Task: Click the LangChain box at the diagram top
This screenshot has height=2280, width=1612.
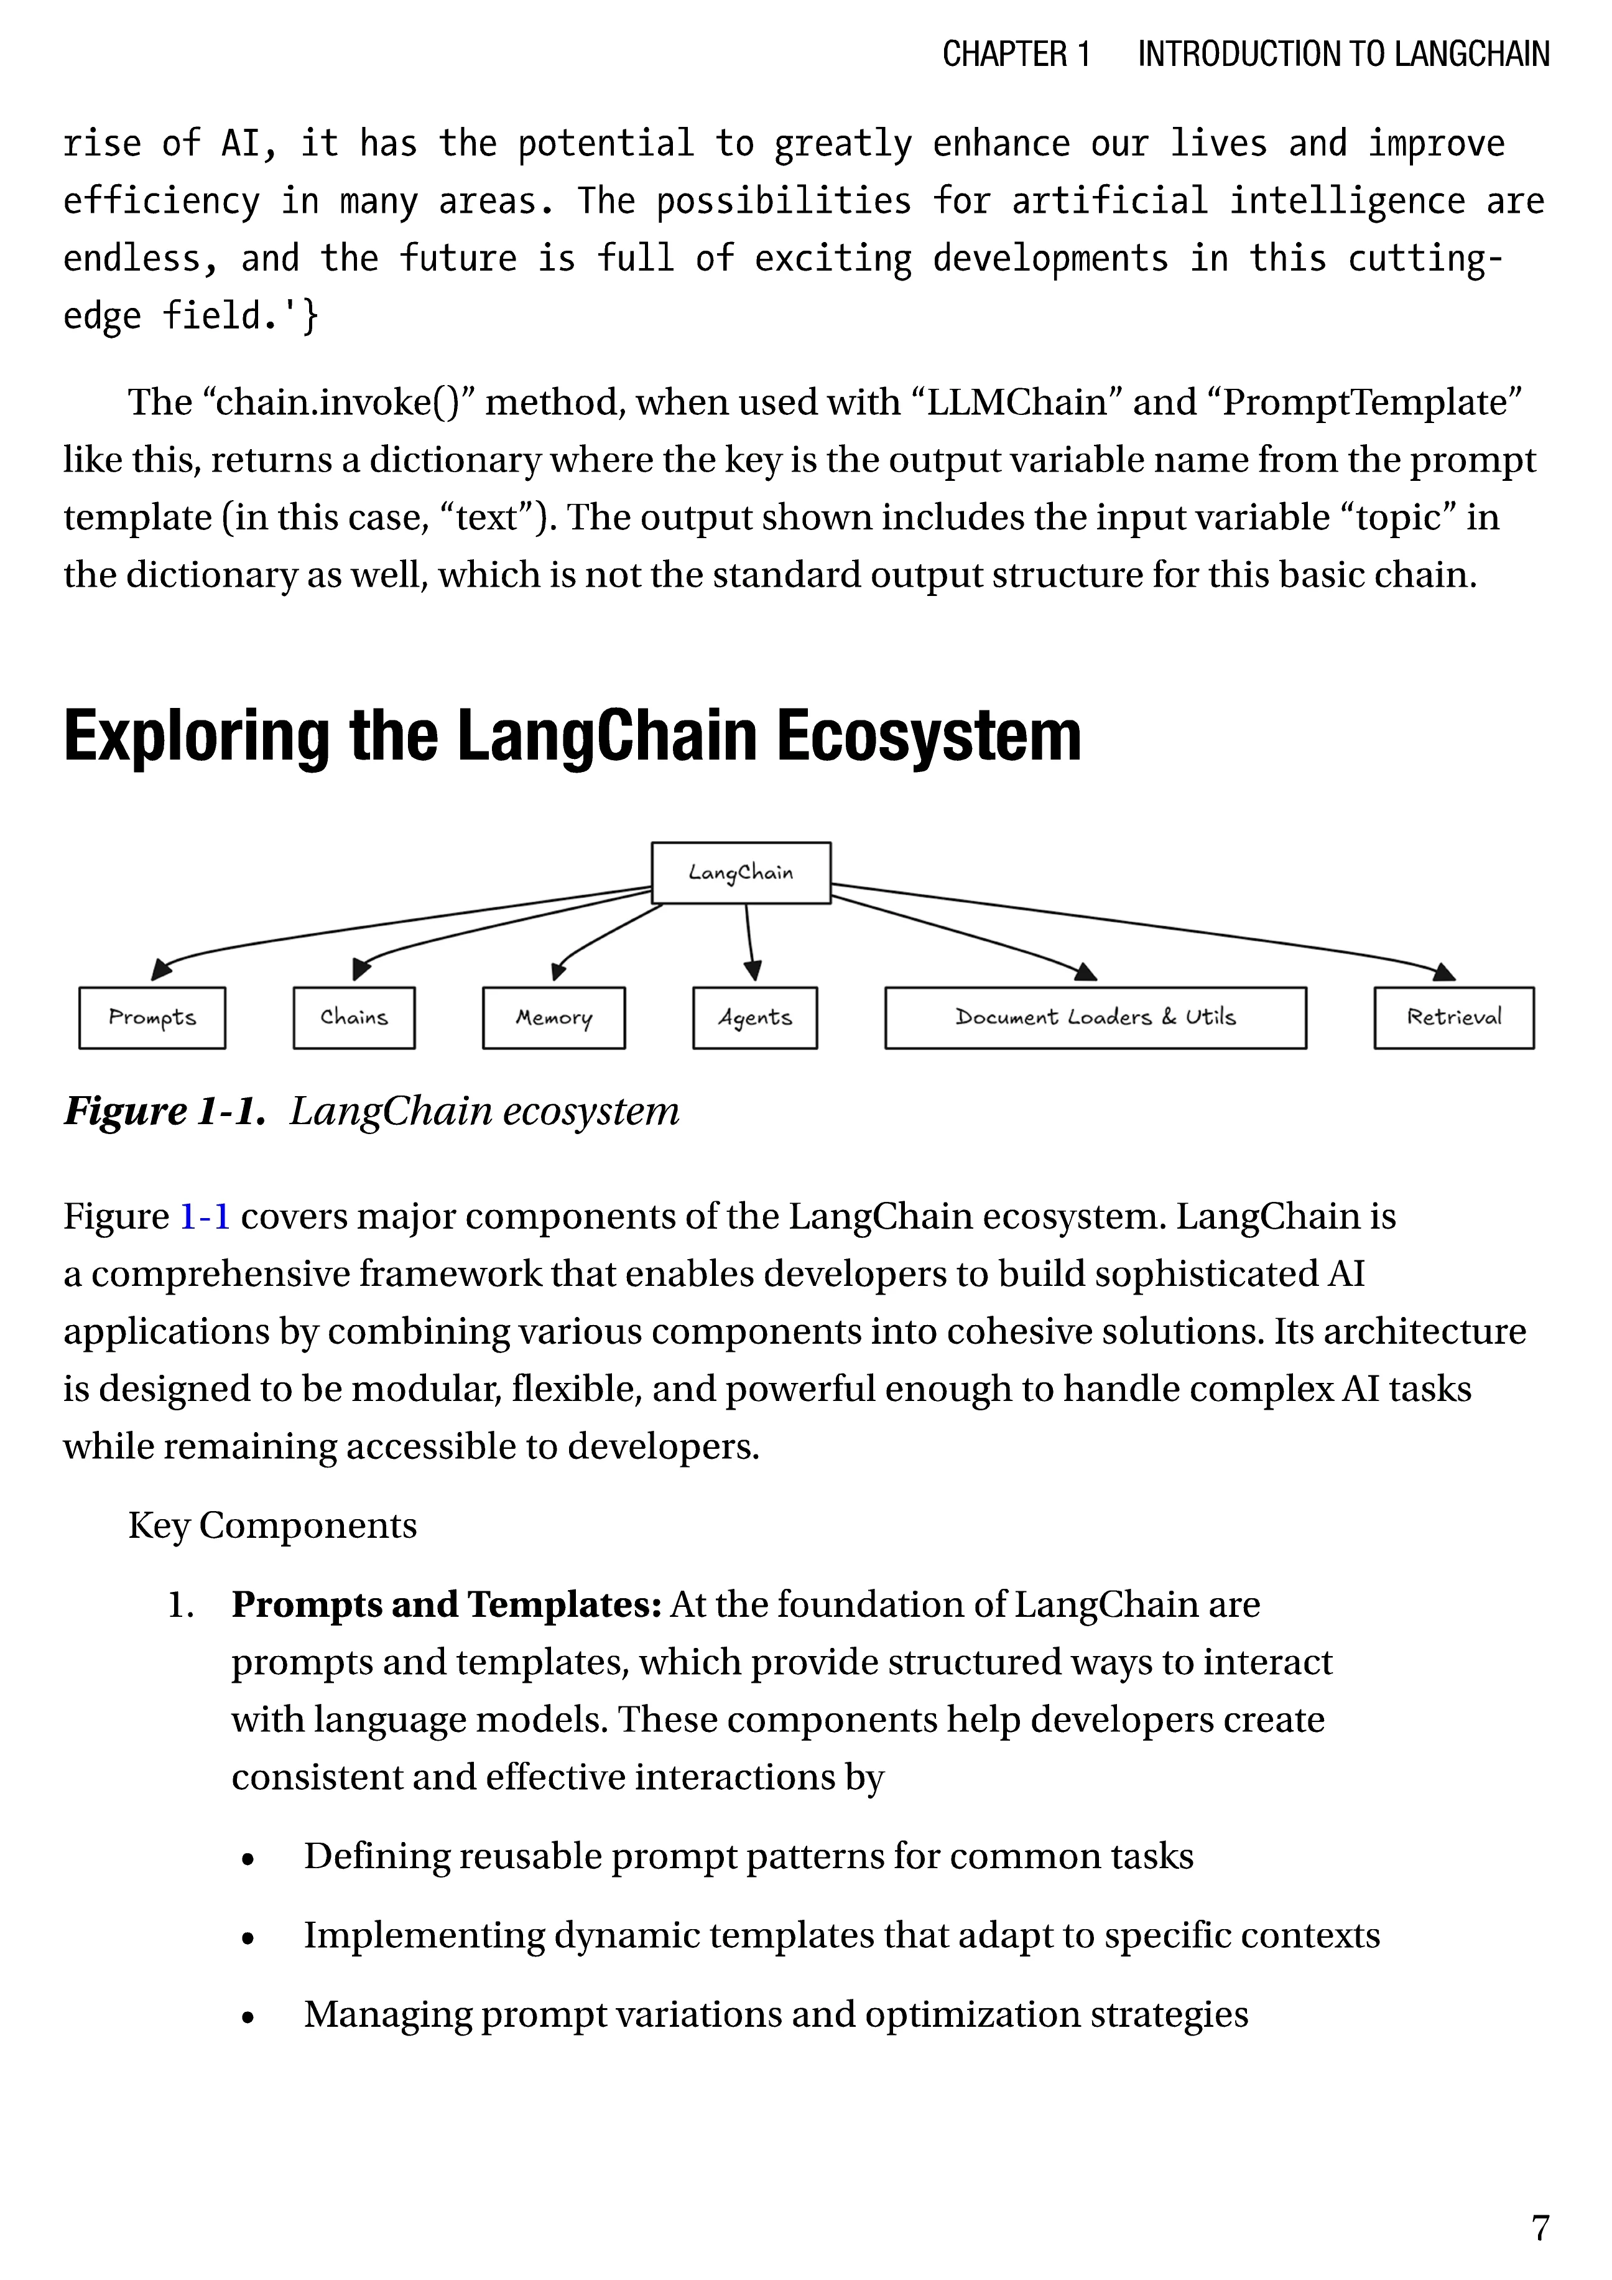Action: pos(741,873)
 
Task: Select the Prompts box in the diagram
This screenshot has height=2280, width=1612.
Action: pos(152,1018)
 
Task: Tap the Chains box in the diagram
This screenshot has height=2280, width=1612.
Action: pos(353,1018)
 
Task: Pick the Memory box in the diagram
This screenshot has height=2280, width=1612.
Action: pos(554,1018)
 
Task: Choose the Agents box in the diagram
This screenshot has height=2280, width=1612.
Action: pos(754,1018)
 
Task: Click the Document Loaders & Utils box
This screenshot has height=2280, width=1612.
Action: pos(1095,1018)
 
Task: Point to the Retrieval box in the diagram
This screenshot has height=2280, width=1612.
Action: pos(1453,1018)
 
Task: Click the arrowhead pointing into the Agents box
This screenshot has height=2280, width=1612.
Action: pos(753,970)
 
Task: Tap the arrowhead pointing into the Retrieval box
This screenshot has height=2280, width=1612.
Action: pos(1445,972)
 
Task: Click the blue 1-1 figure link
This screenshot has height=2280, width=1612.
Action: pos(205,1216)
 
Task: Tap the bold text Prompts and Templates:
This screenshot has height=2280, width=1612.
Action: pos(446,1605)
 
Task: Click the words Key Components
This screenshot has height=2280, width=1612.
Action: pos(272,1525)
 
